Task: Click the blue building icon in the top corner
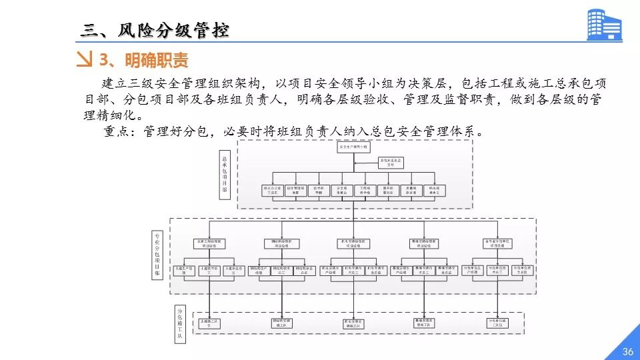[603, 25]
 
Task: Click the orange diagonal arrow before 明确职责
[85, 60]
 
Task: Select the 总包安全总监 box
[392, 161]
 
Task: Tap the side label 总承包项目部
[225, 175]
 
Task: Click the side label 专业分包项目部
[157, 254]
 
